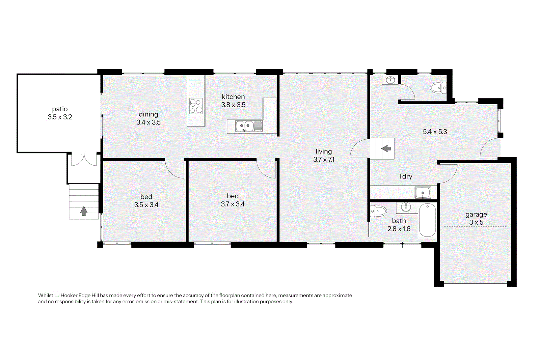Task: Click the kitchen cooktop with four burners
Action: click(196, 106)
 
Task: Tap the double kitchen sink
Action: click(249, 126)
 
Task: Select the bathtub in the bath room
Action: click(427, 220)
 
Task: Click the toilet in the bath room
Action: click(378, 211)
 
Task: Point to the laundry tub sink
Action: click(423, 193)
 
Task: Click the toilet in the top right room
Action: click(438, 88)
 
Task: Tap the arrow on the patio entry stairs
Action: click(84, 211)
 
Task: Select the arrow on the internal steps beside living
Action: click(386, 148)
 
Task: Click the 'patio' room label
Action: click(60, 109)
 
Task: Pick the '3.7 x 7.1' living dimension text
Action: click(324, 160)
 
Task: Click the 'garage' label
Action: click(476, 215)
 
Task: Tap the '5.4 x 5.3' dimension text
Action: click(435, 132)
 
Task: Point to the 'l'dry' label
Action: click(406, 176)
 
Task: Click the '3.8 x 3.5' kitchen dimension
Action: click(233, 105)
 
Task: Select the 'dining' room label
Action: click(148, 114)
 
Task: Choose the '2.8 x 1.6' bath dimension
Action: click(399, 229)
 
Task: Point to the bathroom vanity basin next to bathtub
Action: click(406, 207)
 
